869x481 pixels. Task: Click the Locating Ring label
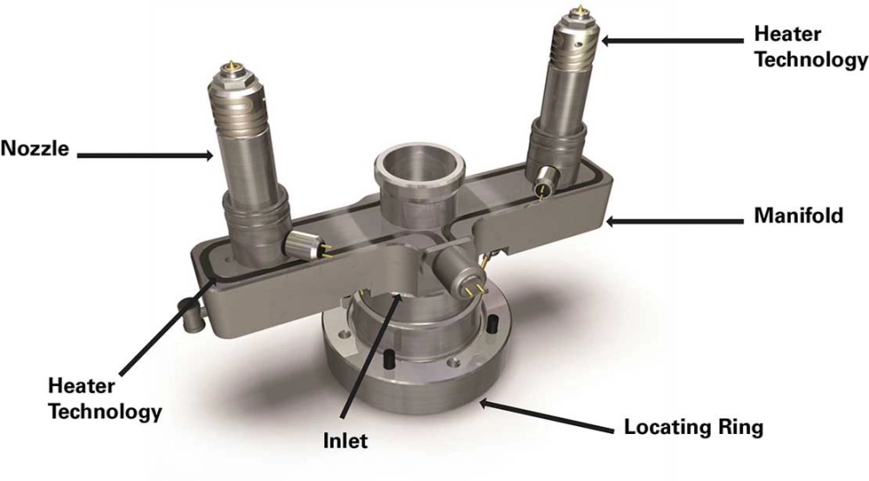point(693,428)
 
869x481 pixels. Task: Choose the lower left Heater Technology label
point(104,397)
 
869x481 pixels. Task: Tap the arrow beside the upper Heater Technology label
point(669,39)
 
